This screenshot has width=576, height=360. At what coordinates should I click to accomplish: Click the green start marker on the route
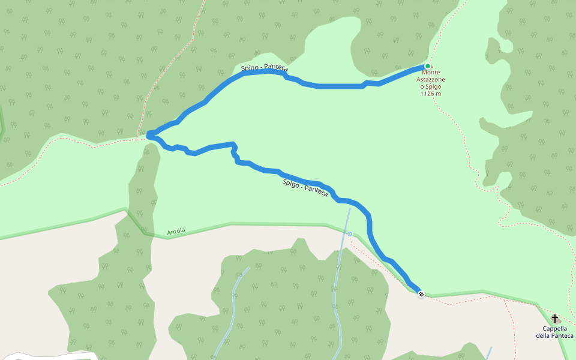[x=427, y=66]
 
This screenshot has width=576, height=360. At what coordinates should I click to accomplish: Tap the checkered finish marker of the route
[x=422, y=294]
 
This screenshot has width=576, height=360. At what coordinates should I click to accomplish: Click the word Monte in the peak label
[x=431, y=72]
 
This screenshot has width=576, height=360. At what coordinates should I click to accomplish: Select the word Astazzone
[x=432, y=79]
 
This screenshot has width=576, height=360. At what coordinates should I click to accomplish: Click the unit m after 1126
[x=439, y=94]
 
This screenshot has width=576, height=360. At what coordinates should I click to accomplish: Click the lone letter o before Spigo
[x=422, y=86]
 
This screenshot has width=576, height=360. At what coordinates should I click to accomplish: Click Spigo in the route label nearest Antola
[x=291, y=183]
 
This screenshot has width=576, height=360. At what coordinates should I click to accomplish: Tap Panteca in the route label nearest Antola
[x=316, y=191]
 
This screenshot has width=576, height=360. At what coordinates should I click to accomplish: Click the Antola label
[x=176, y=231]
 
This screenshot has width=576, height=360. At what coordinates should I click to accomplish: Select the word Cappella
[x=555, y=328]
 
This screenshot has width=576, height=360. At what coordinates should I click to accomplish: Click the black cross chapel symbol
[x=555, y=318]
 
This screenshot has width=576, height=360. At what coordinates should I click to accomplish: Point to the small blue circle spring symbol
[x=349, y=234]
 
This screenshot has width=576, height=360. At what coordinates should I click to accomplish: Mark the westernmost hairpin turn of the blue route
[x=148, y=134]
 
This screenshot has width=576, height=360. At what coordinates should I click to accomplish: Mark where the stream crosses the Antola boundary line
[x=345, y=231]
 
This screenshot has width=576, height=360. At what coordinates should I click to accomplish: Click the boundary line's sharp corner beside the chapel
[x=538, y=305]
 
